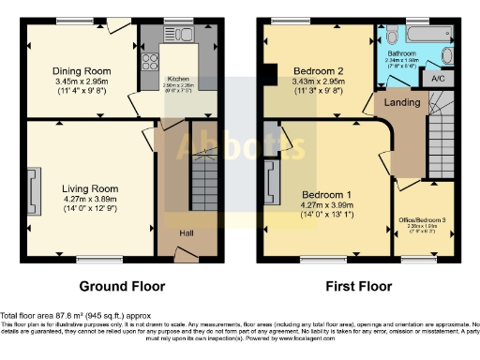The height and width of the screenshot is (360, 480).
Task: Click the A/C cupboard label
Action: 438,80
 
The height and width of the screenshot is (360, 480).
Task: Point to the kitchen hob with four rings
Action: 148,65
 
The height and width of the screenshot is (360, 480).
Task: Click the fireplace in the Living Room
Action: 35,187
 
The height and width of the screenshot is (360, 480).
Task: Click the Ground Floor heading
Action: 121,286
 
